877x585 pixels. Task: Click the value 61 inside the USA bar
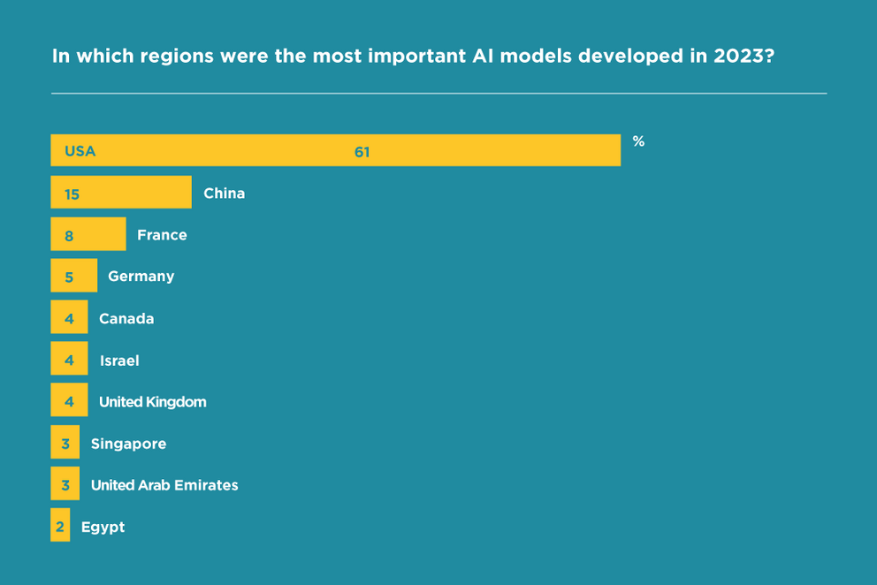tap(362, 152)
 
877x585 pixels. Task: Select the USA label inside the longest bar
tap(80, 151)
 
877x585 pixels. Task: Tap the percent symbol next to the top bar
tap(638, 141)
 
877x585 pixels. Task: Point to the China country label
tap(224, 193)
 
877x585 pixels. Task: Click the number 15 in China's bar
tap(72, 194)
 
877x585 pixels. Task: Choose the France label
tap(162, 235)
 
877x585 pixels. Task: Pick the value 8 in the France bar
tap(69, 236)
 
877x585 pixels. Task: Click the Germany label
tap(141, 276)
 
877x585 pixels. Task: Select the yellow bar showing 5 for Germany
tap(73, 277)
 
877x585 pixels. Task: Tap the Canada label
tap(126, 318)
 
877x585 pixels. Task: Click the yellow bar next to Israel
tap(69, 361)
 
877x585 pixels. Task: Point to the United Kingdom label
tap(152, 402)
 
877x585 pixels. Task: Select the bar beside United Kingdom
tap(69, 402)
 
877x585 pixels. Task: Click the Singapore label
tap(128, 444)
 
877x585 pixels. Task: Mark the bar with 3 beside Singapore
tap(65, 444)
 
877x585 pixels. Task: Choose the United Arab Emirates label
tap(164, 485)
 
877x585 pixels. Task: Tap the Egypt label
tap(103, 527)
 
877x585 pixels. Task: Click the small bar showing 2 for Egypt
tap(60, 527)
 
